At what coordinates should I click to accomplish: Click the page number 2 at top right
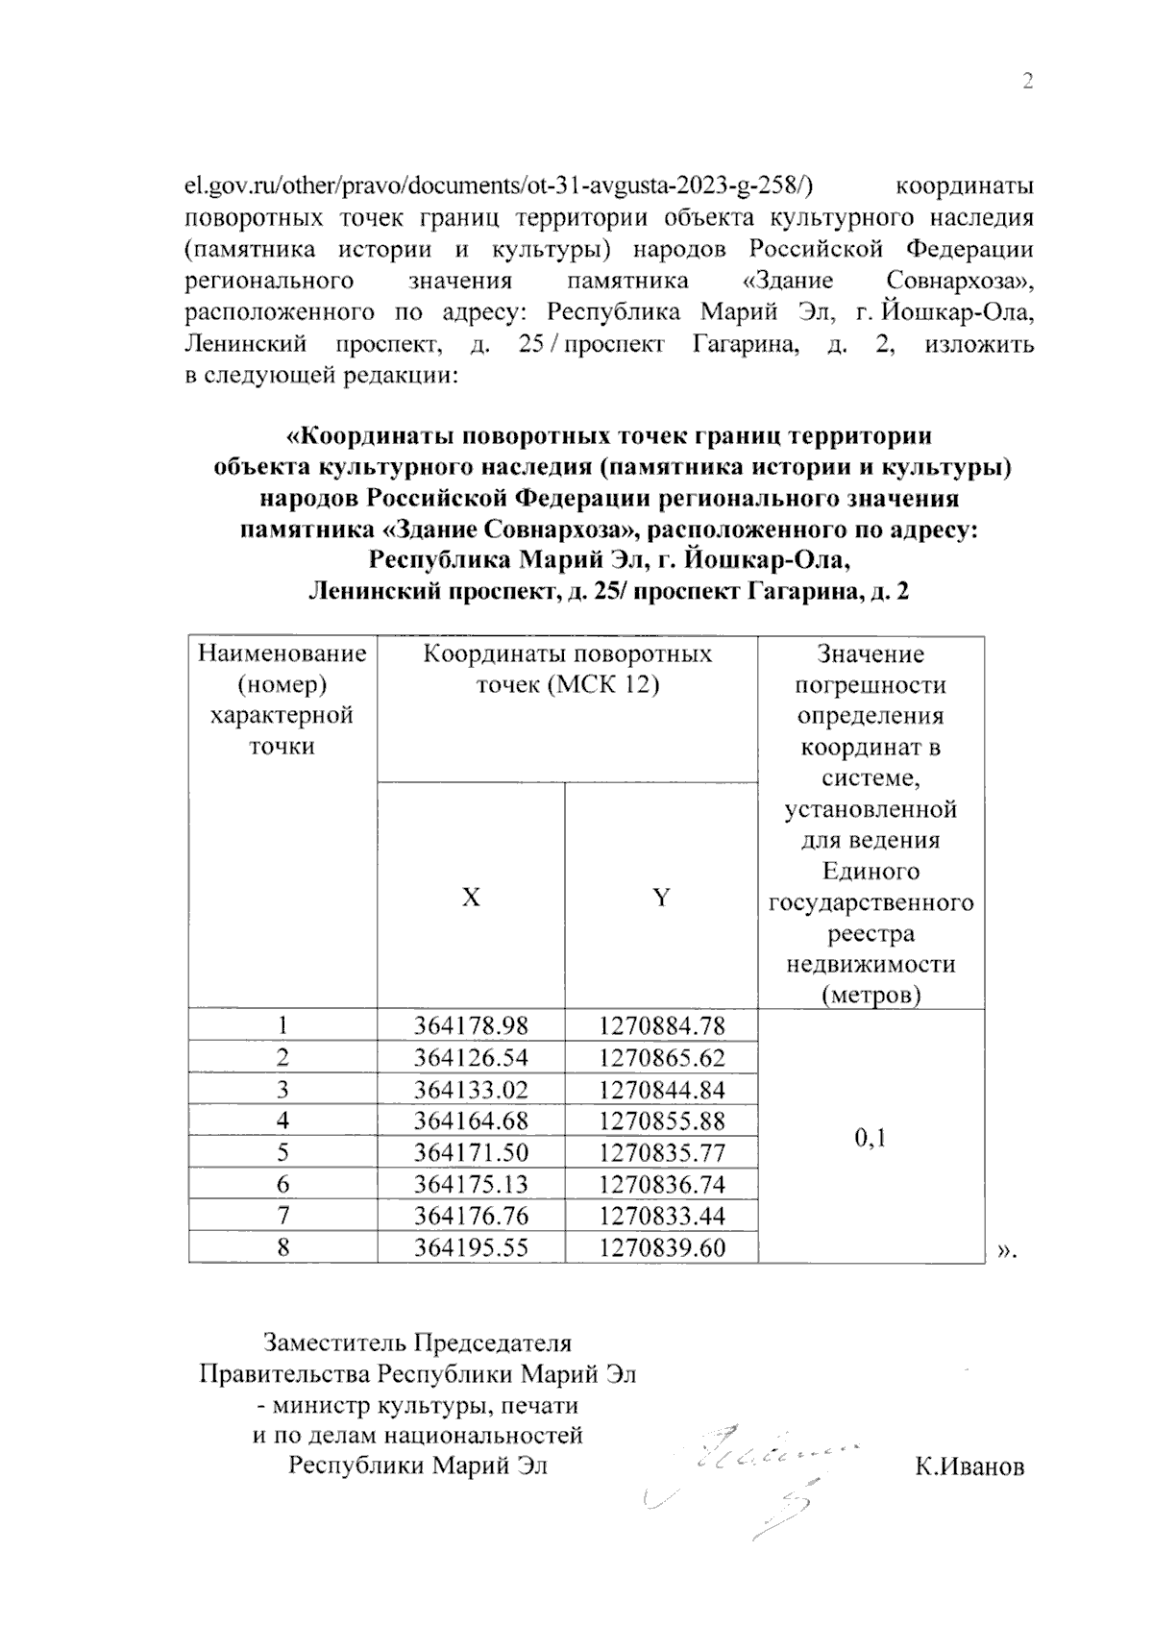(1027, 82)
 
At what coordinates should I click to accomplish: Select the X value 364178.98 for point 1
(471, 1025)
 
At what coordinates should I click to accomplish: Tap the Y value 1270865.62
(661, 1058)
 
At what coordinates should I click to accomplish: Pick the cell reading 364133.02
(471, 1090)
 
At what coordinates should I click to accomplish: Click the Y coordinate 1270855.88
(661, 1121)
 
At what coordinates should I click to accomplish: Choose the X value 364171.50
(471, 1152)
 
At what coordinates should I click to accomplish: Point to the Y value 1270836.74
(661, 1184)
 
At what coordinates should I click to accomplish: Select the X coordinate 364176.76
(471, 1216)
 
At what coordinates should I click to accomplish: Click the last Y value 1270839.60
(661, 1247)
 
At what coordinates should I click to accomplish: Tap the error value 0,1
(870, 1138)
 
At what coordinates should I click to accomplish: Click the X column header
(471, 898)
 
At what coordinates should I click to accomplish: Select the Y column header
(661, 898)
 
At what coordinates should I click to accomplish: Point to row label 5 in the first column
(282, 1152)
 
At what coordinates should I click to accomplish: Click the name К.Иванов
(969, 1467)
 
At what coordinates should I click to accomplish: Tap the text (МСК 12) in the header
(614, 685)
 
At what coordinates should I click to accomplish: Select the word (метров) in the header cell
(871, 995)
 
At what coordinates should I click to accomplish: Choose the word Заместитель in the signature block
(330, 1343)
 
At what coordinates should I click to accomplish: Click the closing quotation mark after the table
(1007, 1250)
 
